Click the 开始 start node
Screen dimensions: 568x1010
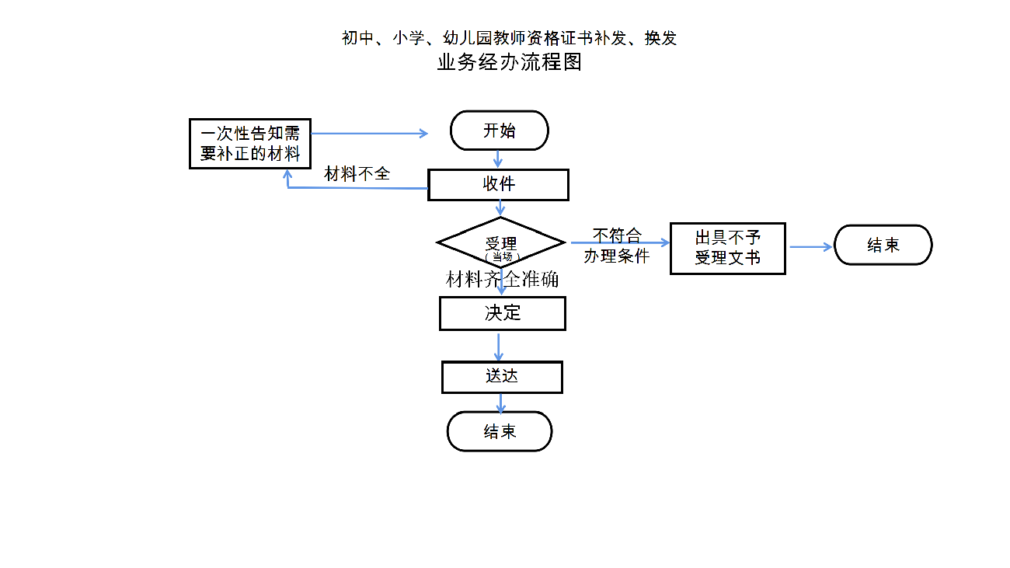pos(499,131)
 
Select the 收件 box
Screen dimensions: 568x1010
pos(498,185)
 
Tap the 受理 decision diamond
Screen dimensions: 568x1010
pos(500,242)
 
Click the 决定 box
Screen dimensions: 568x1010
pos(502,313)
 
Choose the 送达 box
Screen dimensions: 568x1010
pos(502,377)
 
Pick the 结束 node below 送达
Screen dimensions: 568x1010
pos(500,431)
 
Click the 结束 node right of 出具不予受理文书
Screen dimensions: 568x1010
pos(883,246)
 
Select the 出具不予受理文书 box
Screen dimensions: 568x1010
pos(727,249)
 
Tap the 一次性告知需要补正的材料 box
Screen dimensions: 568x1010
pos(249,143)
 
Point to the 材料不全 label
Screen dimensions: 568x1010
pos(357,174)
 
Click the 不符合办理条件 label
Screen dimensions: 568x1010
pos(617,246)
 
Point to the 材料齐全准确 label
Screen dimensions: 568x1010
pos(502,280)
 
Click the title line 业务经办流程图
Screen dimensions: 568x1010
pos(509,63)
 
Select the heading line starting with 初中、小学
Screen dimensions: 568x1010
pos(509,37)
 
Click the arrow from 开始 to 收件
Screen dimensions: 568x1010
pos(498,159)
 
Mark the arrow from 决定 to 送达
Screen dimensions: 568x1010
pos(499,346)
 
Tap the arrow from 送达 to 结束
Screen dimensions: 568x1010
pos(500,402)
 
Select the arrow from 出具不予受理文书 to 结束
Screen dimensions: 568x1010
pos(810,247)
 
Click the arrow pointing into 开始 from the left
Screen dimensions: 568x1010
pos(369,133)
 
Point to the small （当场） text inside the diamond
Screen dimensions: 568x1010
pos(501,256)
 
